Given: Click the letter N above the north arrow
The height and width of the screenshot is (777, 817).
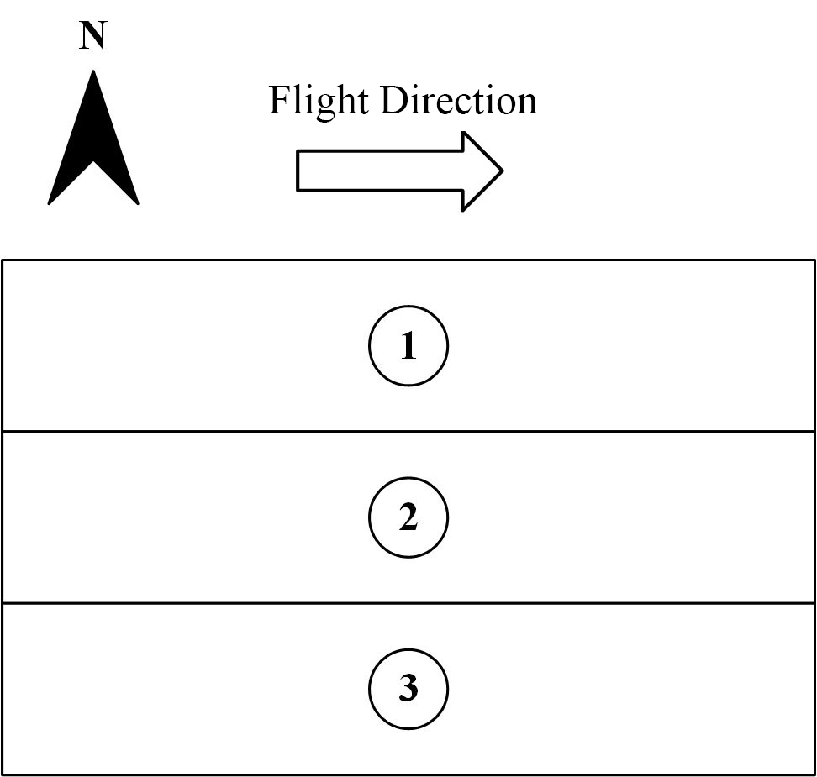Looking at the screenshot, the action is coord(92,36).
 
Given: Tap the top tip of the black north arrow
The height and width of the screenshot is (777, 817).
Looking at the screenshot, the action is coord(93,71).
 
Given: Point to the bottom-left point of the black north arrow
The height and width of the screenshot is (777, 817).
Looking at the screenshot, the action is coord(49,203).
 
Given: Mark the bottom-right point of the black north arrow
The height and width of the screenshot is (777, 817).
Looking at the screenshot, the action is coord(138,203).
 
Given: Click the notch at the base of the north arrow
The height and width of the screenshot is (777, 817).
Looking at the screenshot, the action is coord(93,161).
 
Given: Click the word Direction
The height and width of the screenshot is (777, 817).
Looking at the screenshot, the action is coord(459,100).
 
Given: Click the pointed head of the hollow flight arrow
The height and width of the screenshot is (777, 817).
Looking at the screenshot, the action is coord(503,171).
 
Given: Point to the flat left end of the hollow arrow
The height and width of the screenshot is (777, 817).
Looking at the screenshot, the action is coord(297,171).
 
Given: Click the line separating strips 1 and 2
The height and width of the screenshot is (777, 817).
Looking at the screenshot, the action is coord(408,431).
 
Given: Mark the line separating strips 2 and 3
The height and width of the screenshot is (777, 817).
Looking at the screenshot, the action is coord(408,603).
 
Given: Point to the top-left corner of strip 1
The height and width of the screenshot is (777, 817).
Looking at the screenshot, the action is coord(3,260).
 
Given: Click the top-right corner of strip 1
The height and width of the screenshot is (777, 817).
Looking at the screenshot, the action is coord(814,260).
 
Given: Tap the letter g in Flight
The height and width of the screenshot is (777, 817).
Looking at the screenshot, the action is coord(325,106).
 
